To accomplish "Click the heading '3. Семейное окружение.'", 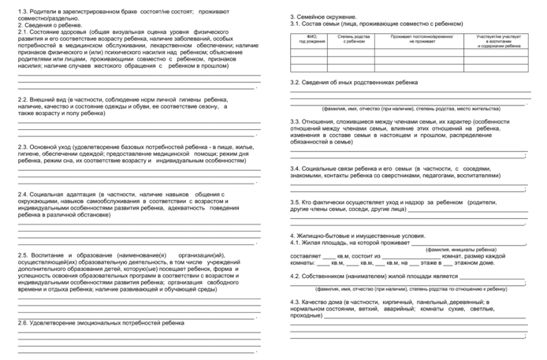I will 323,17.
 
